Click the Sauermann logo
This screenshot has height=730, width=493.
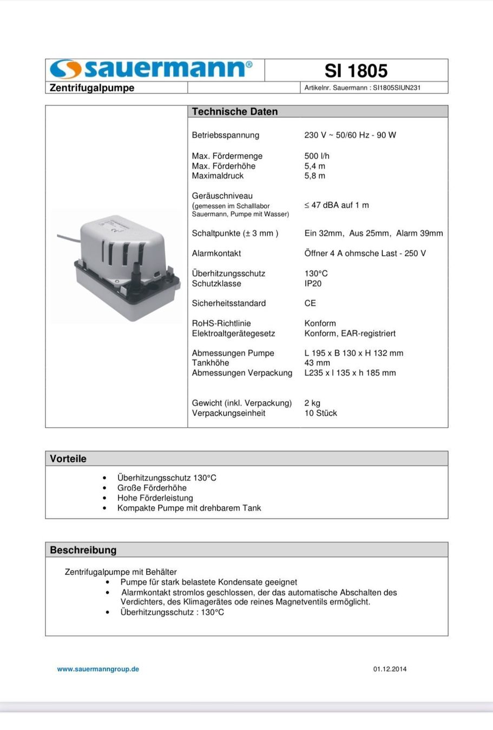(x=151, y=69)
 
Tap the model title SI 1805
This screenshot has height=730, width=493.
(x=356, y=71)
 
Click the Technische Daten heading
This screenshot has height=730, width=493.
(x=235, y=111)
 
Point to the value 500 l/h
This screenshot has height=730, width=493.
(x=317, y=156)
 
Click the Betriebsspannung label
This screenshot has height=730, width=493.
(x=226, y=135)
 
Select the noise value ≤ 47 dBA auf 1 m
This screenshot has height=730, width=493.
(x=337, y=205)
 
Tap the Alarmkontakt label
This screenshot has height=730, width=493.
(x=216, y=253)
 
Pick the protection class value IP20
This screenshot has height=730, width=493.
(x=313, y=283)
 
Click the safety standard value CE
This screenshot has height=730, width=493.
(x=310, y=303)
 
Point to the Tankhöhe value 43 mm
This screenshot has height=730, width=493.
(x=317, y=363)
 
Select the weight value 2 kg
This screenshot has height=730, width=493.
(x=312, y=403)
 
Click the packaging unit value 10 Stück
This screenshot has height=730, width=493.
(x=320, y=413)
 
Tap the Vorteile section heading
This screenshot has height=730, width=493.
(x=68, y=459)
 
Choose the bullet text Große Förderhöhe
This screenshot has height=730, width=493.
(x=152, y=488)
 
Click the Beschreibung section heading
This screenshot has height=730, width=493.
(x=83, y=550)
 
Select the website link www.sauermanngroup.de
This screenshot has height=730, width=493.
(x=98, y=669)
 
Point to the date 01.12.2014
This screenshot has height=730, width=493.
(x=390, y=669)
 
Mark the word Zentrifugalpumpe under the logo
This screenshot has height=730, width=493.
(x=92, y=88)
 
